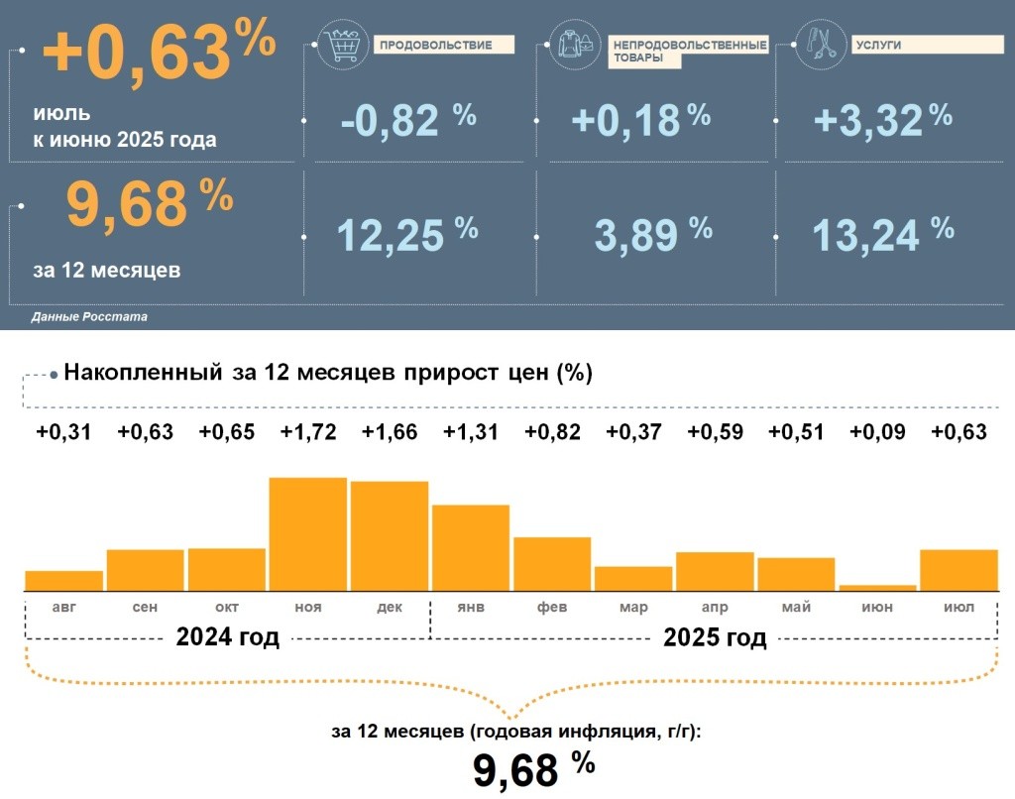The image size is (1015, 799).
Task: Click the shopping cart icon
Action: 340,46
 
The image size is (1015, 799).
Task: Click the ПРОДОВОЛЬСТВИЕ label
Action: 442,46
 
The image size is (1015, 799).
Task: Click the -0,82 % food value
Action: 407,120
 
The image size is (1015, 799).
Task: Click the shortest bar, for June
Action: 877,588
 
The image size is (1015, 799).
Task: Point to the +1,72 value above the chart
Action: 308,432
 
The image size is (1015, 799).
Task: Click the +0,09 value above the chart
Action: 877,432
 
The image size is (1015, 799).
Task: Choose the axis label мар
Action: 633,607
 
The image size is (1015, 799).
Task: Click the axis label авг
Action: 64,607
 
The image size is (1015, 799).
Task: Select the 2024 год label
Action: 228,637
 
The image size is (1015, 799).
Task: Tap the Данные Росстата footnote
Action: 89,317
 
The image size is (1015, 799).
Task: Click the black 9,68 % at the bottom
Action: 533,770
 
